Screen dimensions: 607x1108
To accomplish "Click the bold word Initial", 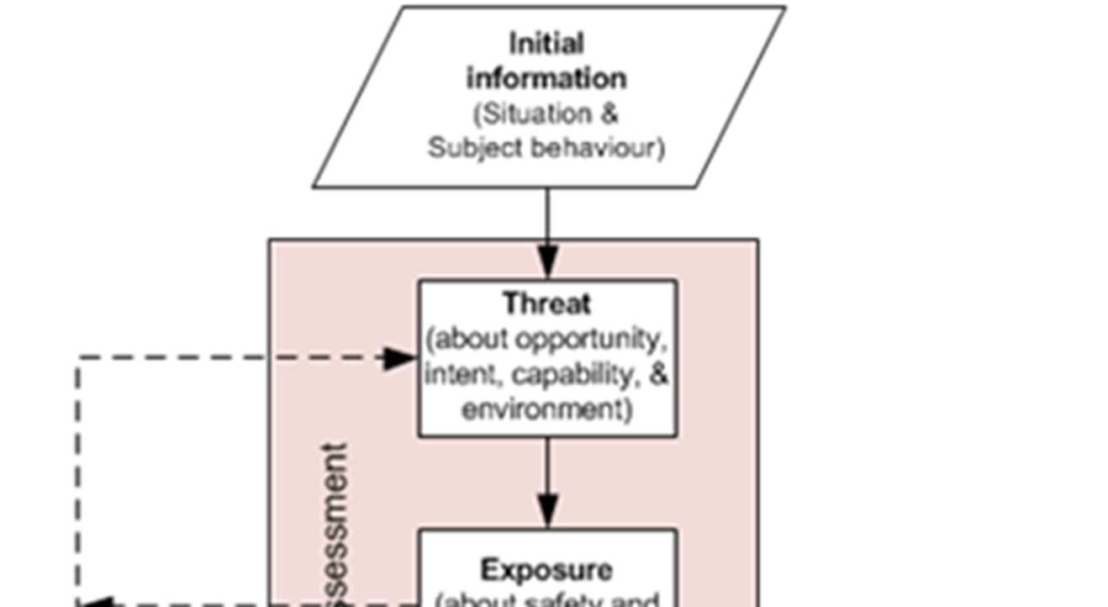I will tap(546, 43).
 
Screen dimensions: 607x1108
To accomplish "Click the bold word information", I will tap(546, 78).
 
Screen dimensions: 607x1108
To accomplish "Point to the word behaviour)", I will tap(599, 148).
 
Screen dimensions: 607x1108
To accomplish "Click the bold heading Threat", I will tap(547, 303).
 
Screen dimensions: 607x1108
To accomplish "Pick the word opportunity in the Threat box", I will tap(588, 339).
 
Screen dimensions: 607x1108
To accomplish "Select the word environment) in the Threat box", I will tap(547, 409).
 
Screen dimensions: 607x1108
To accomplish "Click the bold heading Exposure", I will tap(546, 570).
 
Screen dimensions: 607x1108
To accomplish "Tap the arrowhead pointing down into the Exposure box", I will tap(548, 511).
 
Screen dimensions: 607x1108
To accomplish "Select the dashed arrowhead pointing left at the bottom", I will tap(94, 602).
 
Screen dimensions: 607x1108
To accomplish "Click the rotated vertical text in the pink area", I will tap(335, 521).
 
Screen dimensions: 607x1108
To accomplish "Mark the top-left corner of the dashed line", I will tap(79, 358).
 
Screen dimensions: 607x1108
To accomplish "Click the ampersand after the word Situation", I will tap(609, 113).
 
